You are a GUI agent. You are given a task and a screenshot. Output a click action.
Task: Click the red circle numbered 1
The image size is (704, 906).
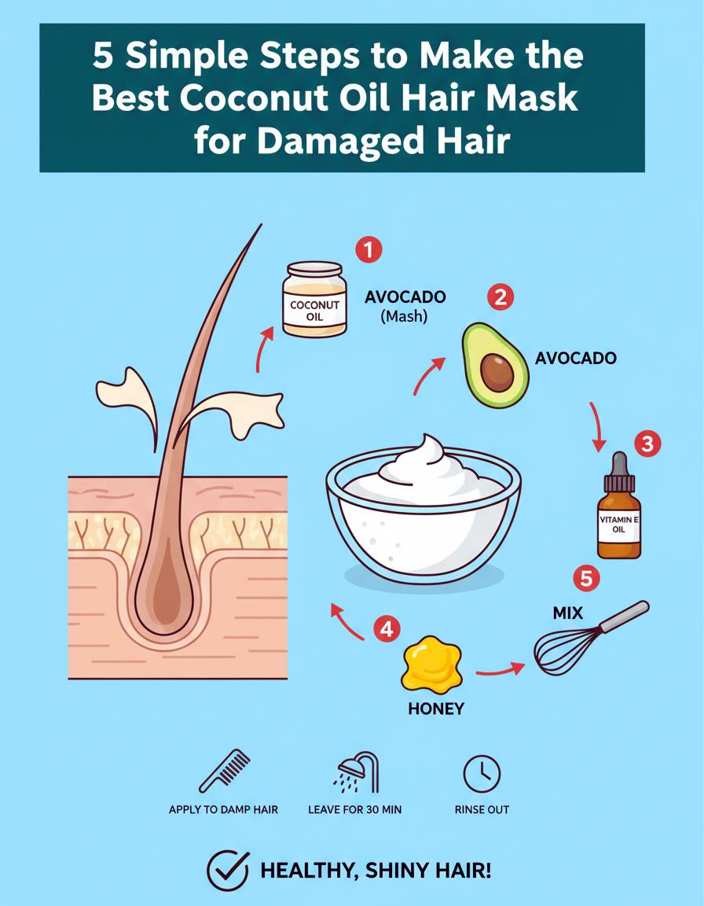pos(368,250)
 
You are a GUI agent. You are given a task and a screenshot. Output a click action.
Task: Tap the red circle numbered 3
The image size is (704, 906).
pos(647,444)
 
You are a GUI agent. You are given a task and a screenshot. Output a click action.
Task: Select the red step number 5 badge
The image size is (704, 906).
pos(586,578)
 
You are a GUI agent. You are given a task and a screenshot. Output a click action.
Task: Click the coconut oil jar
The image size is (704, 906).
pos(314,299)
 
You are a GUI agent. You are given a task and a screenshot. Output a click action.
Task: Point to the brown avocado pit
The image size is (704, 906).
pos(497,373)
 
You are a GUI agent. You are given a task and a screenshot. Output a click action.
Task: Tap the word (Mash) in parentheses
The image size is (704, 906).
pos(404,317)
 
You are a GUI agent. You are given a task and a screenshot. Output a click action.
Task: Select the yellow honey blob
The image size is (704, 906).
pos(432,665)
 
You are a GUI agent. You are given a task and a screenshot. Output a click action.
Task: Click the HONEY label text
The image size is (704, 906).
pos(435,709)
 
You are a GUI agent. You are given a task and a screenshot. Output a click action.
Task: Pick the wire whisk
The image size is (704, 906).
pos(588,638)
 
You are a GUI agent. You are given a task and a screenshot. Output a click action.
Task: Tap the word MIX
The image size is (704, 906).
pos(568,613)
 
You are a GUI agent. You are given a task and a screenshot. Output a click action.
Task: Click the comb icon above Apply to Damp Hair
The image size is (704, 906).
pos(225,772)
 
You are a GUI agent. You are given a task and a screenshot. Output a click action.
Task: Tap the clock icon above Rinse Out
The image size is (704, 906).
pos(482,773)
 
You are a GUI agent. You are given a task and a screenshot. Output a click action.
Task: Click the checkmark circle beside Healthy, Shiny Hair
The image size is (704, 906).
pos(227,871)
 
